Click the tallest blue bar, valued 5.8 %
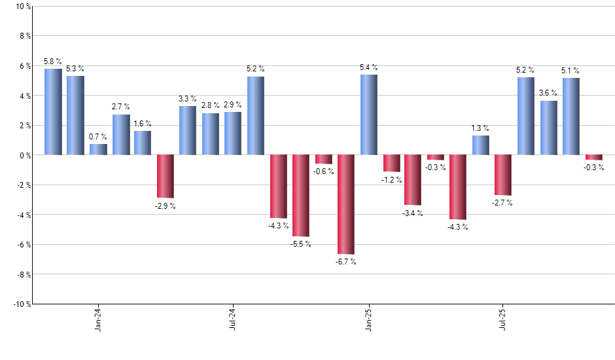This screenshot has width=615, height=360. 53,112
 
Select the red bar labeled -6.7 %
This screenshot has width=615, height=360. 346,204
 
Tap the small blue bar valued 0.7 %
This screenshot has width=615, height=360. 98,150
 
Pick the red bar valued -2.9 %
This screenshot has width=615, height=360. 166,176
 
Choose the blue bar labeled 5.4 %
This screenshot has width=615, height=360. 368,115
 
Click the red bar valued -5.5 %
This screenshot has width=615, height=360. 301,196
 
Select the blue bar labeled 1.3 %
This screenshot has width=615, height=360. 481,145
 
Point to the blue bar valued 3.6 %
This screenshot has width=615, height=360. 548,128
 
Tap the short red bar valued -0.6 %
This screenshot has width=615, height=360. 323,160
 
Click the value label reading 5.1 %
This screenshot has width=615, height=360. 570,71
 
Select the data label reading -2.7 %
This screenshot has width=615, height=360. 502,203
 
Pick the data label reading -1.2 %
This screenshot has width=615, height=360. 391,180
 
